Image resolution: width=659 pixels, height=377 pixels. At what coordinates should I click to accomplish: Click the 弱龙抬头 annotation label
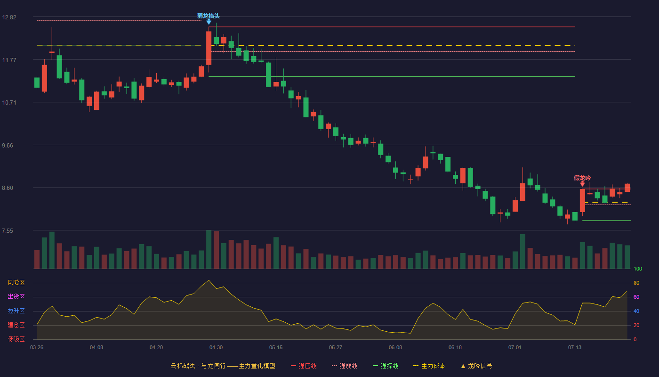pos(208,16)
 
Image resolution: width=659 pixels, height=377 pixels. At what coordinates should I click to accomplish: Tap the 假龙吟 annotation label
pos(582,178)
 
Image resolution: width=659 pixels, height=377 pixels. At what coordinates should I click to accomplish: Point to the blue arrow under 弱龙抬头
pos(209,22)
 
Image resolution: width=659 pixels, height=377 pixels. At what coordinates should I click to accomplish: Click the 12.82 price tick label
pos(9,17)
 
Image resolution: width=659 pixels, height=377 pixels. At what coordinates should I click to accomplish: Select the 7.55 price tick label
pos(8,231)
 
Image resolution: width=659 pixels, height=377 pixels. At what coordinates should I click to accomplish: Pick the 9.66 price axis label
pos(8,146)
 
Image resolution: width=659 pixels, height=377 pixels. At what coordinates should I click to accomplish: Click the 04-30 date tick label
pos(216,348)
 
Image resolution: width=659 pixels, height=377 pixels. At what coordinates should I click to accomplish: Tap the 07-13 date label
pos(575,348)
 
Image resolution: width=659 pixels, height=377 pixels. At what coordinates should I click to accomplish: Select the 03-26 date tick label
pos(37,348)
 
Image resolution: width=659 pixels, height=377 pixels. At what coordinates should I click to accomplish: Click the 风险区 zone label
pos(16,283)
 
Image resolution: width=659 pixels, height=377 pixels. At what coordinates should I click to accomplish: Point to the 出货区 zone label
pos(16,296)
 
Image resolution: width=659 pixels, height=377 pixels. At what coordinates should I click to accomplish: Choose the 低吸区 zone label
pos(16,339)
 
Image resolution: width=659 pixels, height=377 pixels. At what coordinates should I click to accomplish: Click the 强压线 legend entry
pos(304,366)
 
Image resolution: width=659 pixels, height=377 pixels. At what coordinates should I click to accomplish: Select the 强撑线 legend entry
pos(386,366)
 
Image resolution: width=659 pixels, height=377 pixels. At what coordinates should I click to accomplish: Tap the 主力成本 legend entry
pos(429,366)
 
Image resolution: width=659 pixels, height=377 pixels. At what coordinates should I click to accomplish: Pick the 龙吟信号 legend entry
pos(476,366)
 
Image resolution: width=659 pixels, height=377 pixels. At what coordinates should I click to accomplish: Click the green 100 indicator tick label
pos(638,269)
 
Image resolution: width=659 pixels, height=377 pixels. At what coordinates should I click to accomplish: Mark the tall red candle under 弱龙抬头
pos(209,48)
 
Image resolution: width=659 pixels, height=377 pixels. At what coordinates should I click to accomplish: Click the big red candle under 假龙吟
pos(583,200)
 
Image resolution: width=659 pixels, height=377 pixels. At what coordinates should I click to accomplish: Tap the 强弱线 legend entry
pos(345,366)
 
